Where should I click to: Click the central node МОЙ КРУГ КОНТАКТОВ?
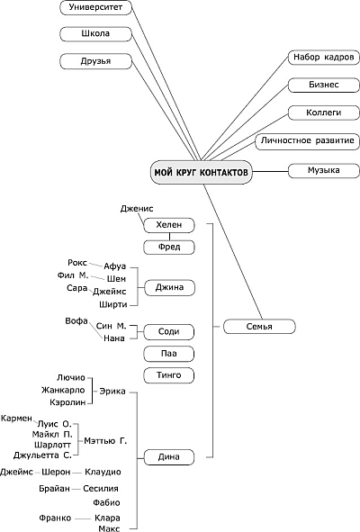pyautogui.click(x=202, y=172)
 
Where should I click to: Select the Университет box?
pyautogui.click(x=95, y=7)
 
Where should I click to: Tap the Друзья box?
pyautogui.click(x=95, y=61)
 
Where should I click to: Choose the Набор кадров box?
pyautogui.click(x=324, y=57)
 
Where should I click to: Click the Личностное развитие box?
pyautogui.click(x=308, y=140)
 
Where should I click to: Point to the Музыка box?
pyautogui.click(x=324, y=170)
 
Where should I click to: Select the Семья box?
pyautogui.click(x=259, y=327)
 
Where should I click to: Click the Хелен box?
pyautogui.click(x=169, y=225)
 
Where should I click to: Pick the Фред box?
pyautogui.click(x=169, y=247)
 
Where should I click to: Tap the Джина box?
pyautogui.click(x=170, y=288)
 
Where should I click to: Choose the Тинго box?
pyautogui.click(x=169, y=375)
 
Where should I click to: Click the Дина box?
pyautogui.click(x=169, y=457)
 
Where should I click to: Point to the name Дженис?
pyautogui.click(x=137, y=209)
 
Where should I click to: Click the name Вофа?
pyautogui.click(x=76, y=321)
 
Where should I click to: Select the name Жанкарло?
pyautogui.click(x=63, y=390)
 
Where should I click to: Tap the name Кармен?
pyautogui.click(x=16, y=419)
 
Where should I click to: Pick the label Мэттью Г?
pyautogui.click(x=105, y=441)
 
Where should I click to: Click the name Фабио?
pyautogui.click(x=106, y=502)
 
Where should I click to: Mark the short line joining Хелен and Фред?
pyautogui.click(x=169, y=237)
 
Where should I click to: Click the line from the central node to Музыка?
pyautogui.click(x=270, y=171)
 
